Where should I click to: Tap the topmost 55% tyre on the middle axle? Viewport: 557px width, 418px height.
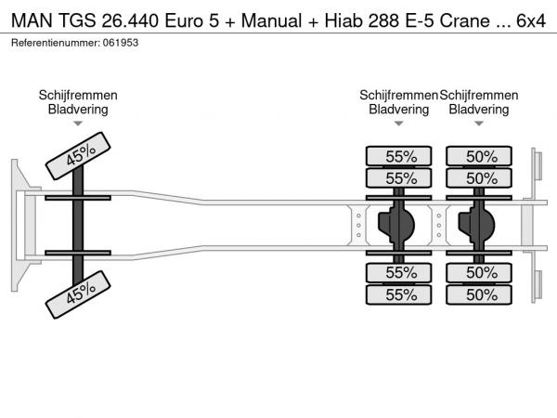pyautogui.click(x=399, y=156)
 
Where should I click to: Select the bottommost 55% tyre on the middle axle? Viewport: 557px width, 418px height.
pyautogui.click(x=399, y=294)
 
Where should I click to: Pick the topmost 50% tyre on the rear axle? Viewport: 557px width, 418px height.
pyautogui.click(x=479, y=156)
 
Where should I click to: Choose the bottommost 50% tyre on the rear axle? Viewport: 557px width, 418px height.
pyautogui.click(x=479, y=294)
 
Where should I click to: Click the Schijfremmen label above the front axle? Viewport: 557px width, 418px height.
pyautogui.click(x=78, y=95)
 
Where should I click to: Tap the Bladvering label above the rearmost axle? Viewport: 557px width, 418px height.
pyautogui.click(x=479, y=109)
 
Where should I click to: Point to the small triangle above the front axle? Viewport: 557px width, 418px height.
pyautogui.click(x=78, y=123)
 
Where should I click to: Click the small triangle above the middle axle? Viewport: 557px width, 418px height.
pyautogui.click(x=399, y=123)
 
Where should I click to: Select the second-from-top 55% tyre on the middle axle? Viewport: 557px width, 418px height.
pyautogui.click(x=399, y=177)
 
